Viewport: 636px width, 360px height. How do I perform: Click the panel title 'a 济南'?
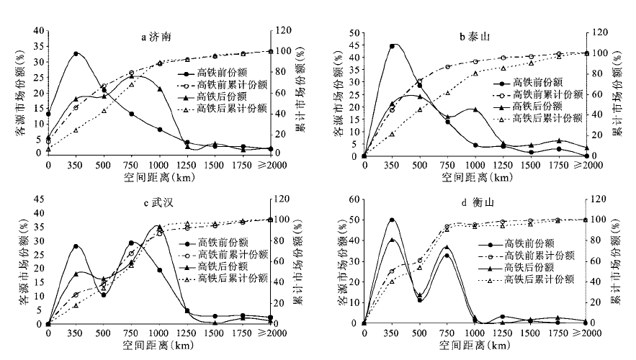pos(159,36)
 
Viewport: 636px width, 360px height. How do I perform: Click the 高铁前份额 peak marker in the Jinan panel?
pos(76,54)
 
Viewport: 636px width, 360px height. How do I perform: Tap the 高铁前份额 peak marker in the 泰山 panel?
pos(392,46)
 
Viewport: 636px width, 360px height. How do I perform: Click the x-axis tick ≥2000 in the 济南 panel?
pos(265,165)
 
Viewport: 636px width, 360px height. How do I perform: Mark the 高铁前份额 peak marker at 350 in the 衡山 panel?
pos(392,220)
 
